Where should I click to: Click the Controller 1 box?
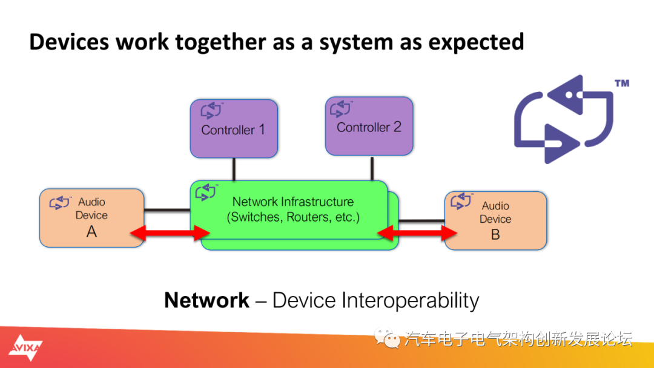point(234,128)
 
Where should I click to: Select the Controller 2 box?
point(369,126)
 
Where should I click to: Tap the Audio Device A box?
point(92,217)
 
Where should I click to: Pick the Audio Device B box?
point(495,220)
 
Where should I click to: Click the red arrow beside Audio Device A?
point(170,233)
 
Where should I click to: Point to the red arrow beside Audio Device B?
point(417,233)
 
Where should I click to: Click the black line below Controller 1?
point(234,169)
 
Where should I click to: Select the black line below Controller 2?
point(372,168)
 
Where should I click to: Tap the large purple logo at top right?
point(564,119)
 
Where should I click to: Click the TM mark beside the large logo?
point(622,84)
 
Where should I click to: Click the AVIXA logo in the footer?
point(25,347)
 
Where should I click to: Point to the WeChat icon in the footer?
point(386,338)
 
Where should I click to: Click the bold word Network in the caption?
point(207,300)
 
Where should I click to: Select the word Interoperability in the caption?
point(411,301)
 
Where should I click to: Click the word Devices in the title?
point(69,42)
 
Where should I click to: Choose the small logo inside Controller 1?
point(211,110)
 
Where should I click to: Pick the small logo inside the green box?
point(206,192)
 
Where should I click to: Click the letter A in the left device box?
point(92,232)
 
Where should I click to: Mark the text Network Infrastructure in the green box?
point(293,202)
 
